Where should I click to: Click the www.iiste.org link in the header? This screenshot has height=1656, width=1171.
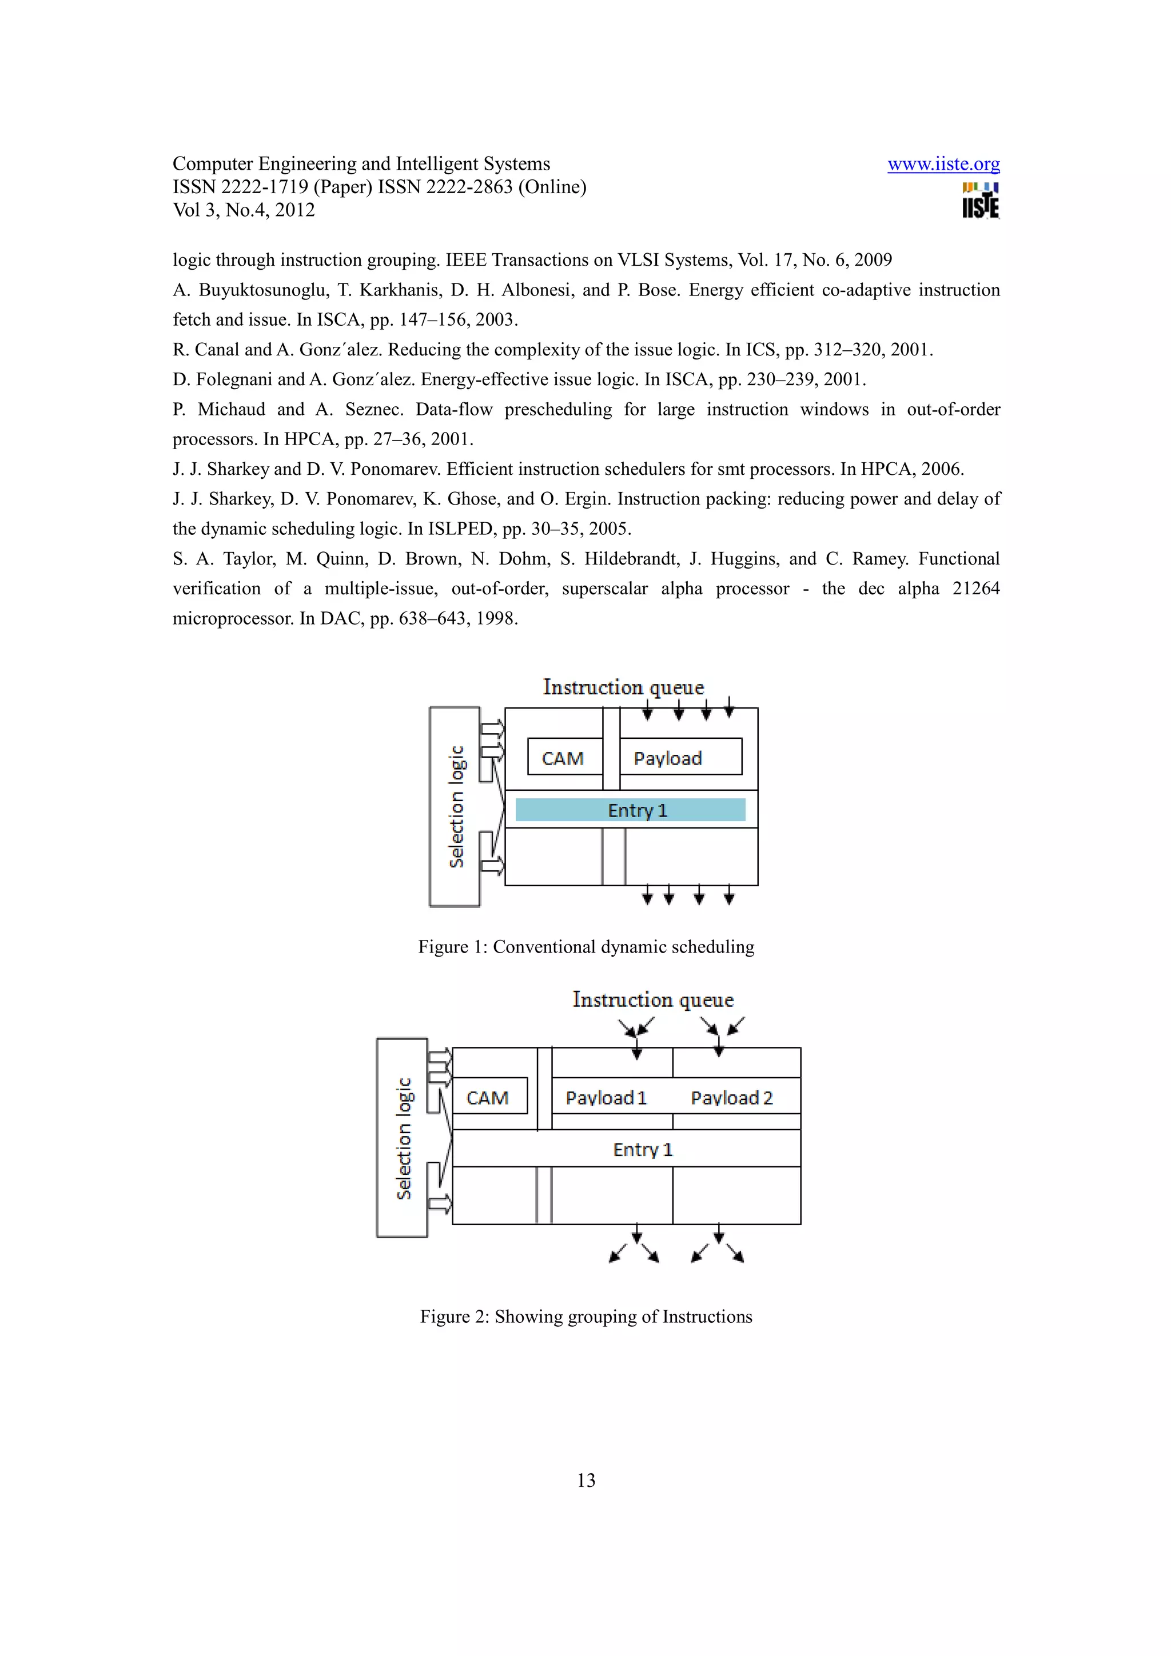(943, 165)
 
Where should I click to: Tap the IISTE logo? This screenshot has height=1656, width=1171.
(980, 201)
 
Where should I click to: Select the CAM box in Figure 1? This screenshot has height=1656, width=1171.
(564, 757)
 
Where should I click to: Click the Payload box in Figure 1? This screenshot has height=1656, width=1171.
(680, 757)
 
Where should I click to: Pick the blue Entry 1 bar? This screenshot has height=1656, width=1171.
(630, 810)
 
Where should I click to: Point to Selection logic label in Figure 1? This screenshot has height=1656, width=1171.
(456, 806)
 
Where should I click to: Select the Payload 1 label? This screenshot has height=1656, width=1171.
(606, 1098)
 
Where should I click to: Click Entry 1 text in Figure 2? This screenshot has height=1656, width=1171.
(642, 1150)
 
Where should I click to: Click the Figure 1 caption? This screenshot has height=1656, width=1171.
(586, 947)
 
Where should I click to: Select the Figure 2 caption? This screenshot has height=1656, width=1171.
(586, 1317)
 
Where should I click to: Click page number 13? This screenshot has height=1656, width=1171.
(586, 1481)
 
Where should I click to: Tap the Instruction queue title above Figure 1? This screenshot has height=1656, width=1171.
(623, 687)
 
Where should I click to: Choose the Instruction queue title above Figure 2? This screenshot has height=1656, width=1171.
(653, 999)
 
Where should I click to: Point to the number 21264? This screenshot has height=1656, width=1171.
(975, 589)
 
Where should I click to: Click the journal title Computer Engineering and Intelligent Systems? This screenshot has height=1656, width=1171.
(361, 165)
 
